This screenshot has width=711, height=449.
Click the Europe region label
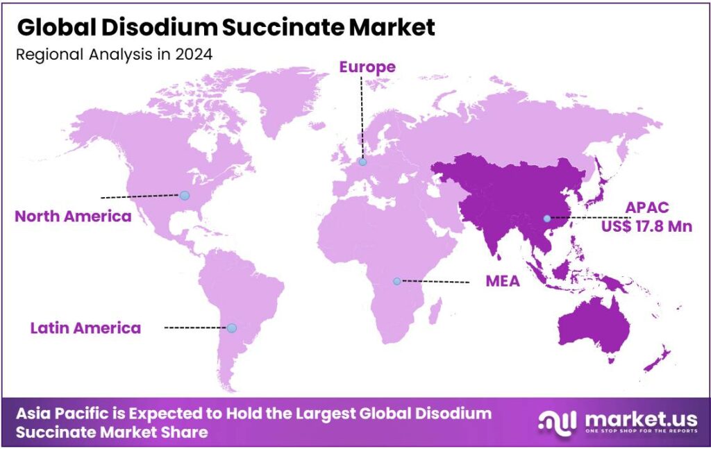coord(367,67)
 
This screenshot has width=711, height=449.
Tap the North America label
coord(73,216)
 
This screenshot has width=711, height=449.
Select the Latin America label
coord(85,328)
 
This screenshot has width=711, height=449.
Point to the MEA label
coord(503,282)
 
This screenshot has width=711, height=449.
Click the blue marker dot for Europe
coord(362,162)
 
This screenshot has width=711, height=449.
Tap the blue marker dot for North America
coord(184,196)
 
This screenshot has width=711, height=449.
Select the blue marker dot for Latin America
coord(232,328)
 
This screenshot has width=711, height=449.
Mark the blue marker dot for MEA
coord(396,281)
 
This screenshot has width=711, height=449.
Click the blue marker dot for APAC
coord(547,219)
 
